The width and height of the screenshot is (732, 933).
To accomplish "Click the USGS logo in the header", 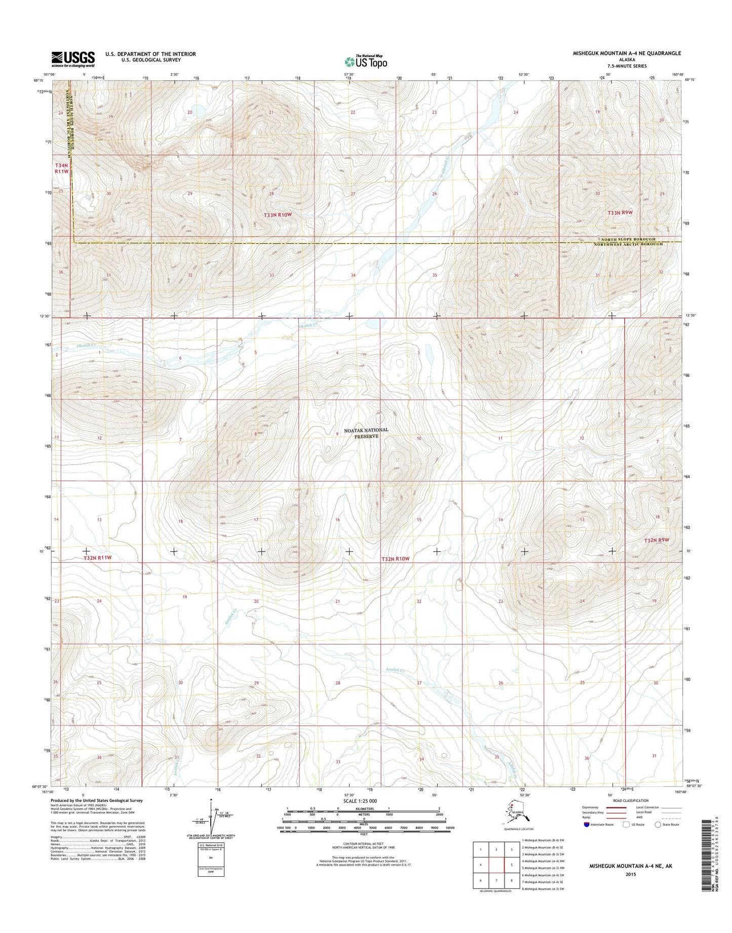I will [72, 59].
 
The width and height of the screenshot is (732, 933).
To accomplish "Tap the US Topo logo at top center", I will [366, 61].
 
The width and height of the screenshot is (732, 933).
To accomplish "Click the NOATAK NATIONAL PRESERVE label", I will [366, 433].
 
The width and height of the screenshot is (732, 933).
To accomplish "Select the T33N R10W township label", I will [278, 215].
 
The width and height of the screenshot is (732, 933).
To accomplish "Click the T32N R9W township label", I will [657, 540].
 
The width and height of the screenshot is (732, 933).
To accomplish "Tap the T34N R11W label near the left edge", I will [61, 169].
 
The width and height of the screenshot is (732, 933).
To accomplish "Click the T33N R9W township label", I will [620, 213].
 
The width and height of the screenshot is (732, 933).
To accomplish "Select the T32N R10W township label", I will [395, 559].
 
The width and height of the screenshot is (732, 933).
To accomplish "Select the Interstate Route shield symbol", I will [587, 825].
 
